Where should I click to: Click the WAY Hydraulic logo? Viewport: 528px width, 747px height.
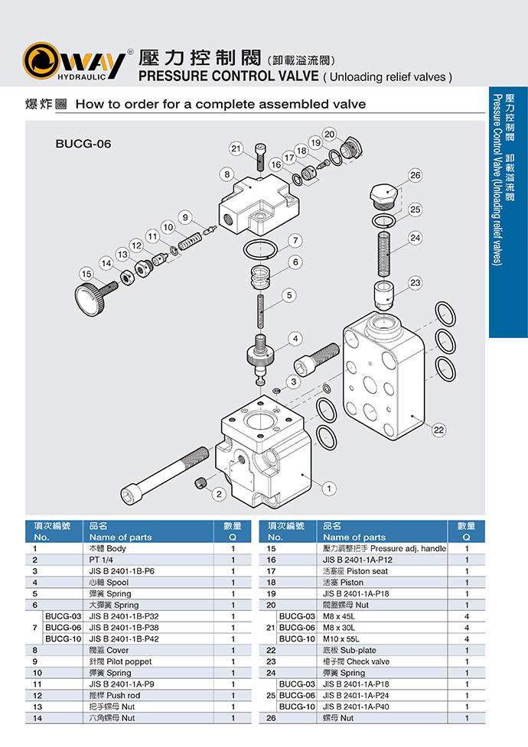(74, 61)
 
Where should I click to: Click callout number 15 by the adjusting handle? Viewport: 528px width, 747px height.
(87, 273)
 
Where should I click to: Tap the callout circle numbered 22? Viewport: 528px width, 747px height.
(438, 430)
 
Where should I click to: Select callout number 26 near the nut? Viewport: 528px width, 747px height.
(415, 175)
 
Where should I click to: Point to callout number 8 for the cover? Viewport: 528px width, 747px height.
(227, 174)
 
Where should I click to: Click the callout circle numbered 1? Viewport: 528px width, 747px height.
(330, 487)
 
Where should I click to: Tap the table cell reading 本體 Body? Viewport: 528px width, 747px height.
(107, 548)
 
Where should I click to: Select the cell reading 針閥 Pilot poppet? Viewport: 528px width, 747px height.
(120, 661)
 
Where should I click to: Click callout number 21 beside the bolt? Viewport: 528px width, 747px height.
(236, 148)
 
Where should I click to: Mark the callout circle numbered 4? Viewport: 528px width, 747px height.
(295, 338)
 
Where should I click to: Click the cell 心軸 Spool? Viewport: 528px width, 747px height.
(107, 582)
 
